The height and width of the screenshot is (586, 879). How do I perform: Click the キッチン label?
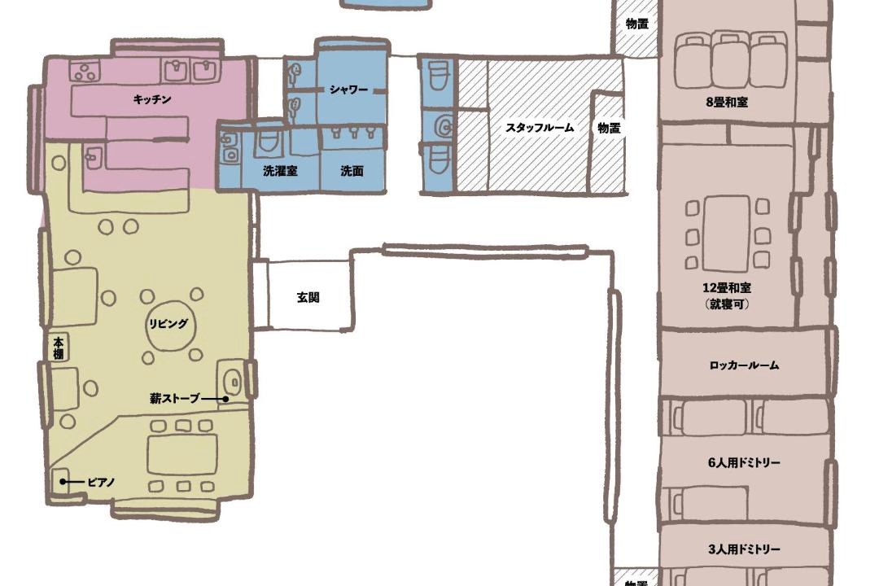click(x=152, y=100)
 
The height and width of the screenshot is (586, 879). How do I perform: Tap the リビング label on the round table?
click(x=168, y=324)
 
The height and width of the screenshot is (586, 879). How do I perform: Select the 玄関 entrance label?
click(x=308, y=297)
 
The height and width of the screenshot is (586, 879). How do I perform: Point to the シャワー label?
click(x=348, y=90)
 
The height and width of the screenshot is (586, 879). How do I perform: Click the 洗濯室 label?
click(x=280, y=171)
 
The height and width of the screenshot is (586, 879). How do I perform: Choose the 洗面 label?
click(x=352, y=171)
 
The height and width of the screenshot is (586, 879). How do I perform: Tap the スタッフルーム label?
click(x=540, y=128)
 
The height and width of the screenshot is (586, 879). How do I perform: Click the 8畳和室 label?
click(x=727, y=103)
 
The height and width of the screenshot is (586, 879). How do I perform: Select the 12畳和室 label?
click(x=727, y=288)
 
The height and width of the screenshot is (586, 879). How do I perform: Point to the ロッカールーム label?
click(x=745, y=365)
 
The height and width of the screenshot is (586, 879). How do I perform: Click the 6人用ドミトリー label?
click(x=745, y=462)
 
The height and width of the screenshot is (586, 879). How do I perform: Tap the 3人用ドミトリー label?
click(x=745, y=549)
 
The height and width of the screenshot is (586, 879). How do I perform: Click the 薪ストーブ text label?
click(x=175, y=399)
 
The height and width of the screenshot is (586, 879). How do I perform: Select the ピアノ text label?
click(x=101, y=483)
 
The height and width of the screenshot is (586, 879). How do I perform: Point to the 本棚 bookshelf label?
click(x=59, y=348)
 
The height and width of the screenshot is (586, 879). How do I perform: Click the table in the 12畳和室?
click(x=727, y=234)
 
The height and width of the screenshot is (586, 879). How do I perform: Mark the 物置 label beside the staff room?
click(x=609, y=128)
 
